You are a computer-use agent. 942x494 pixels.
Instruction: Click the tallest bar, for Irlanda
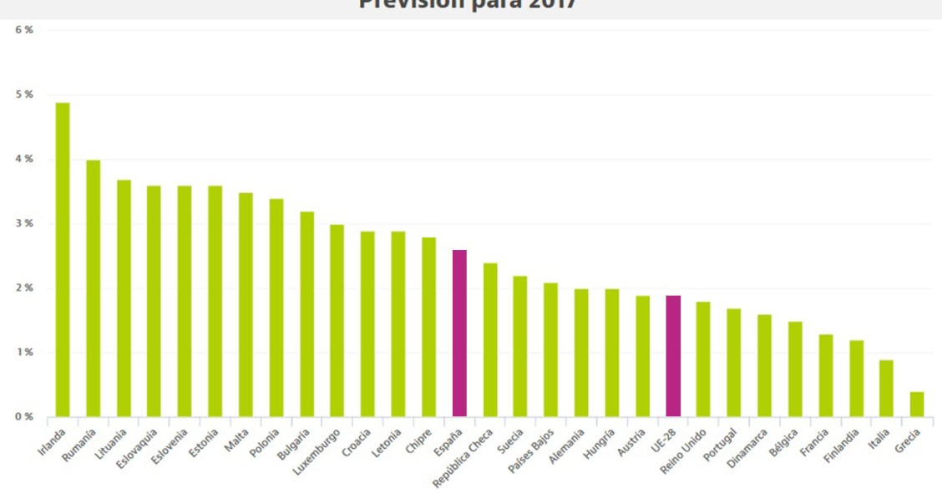click(x=63, y=259)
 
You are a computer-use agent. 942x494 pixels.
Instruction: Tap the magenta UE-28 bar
click(x=673, y=355)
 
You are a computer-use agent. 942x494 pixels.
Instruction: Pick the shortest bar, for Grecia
click(x=917, y=404)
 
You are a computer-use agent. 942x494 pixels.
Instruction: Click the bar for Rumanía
click(x=94, y=288)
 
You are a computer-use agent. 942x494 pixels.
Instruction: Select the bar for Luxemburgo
click(x=337, y=320)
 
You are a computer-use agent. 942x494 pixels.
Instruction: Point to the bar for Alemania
click(x=581, y=353)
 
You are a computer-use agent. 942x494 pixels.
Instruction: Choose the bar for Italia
click(x=886, y=388)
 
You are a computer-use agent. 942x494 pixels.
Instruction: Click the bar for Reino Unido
click(x=703, y=359)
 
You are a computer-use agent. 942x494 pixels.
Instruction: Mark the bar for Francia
click(x=825, y=375)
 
